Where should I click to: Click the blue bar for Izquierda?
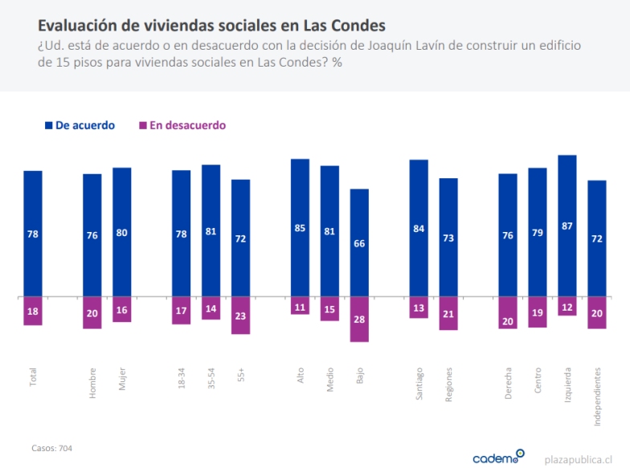point(567,226)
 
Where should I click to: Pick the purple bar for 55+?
point(240,315)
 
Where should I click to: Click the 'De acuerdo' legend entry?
point(80,125)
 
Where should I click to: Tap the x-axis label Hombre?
point(92,383)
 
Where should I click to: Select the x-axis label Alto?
point(301,376)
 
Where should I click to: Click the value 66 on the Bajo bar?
point(359,243)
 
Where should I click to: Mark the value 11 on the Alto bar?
point(301,307)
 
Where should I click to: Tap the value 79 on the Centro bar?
point(538,234)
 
